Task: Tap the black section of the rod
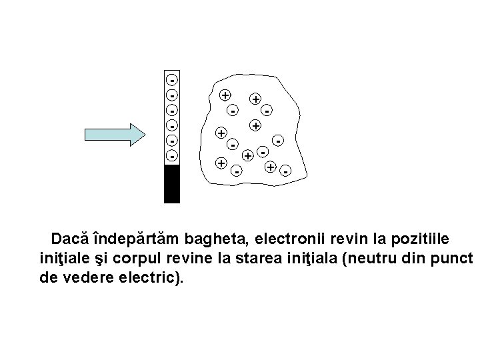pos(172,183)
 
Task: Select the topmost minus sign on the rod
pos(172,77)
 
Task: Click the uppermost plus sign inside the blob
pos(226,94)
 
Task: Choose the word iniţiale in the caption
pos(65,257)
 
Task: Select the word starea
pos(281,257)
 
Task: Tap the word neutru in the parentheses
pos(366,257)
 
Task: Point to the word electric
pos(151,277)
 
